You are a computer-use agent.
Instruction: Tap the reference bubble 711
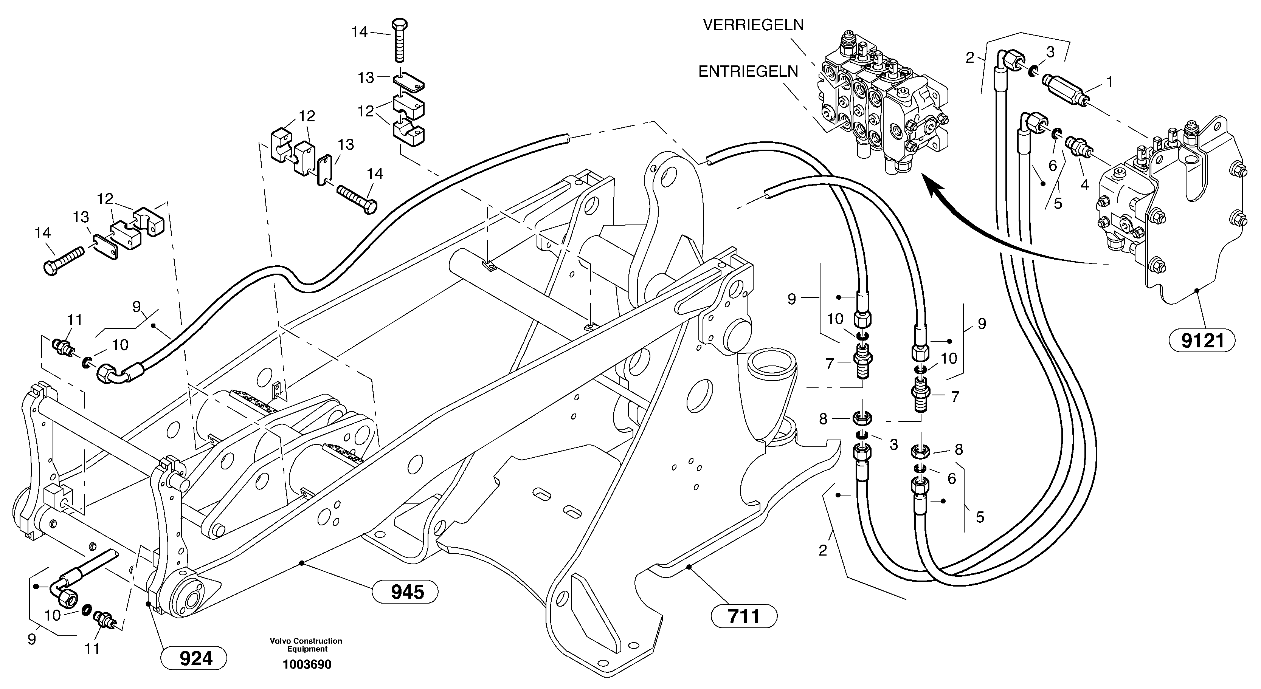coord(744,616)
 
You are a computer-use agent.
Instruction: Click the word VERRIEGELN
coord(753,25)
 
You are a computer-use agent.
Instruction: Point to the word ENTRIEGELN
coord(748,71)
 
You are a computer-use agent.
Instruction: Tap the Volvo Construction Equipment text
coord(306,644)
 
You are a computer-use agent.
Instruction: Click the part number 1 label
coord(1109,82)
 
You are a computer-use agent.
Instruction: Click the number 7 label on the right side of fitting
coord(955,396)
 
